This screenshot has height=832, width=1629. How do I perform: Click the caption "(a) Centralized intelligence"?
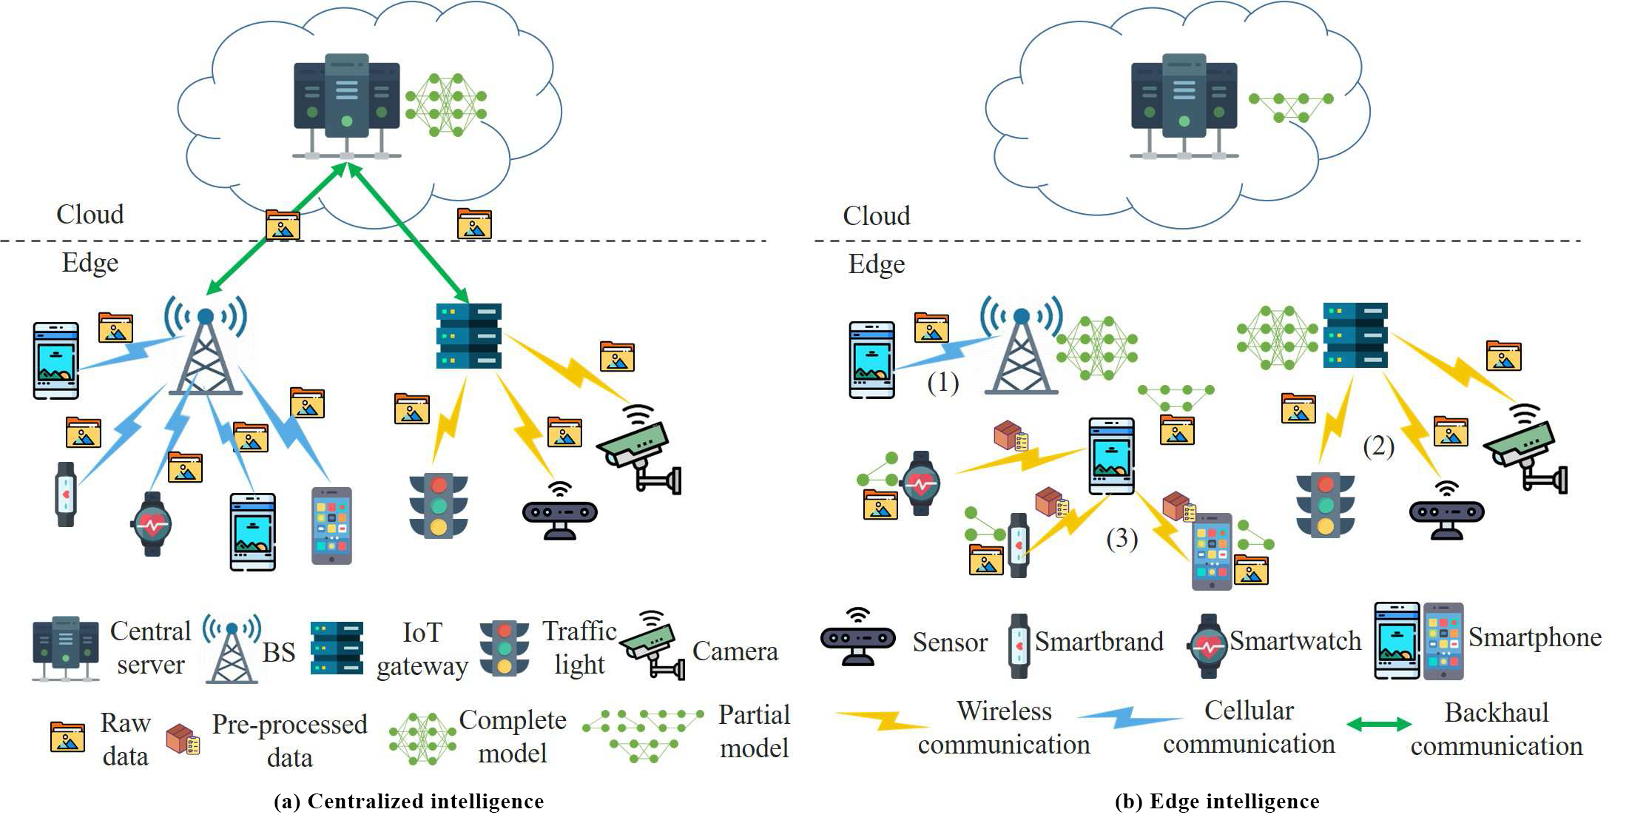tap(408, 802)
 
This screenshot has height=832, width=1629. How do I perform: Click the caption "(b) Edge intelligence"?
tap(1217, 802)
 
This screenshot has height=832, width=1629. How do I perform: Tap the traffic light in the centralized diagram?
tap(439, 506)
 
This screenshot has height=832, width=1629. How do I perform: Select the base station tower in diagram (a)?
tap(206, 348)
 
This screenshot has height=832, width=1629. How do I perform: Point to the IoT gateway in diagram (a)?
tap(469, 336)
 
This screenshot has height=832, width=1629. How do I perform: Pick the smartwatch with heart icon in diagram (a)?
tap(152, 523)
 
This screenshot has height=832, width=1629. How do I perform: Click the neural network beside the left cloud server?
tap(446, 104)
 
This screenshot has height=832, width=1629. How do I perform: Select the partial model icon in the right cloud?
tap(1291, 107)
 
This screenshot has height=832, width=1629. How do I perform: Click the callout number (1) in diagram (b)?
tap(943, 383)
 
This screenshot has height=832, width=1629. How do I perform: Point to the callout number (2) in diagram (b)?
tap(1378, 446)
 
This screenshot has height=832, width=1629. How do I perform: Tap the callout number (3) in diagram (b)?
tap(1122, 538)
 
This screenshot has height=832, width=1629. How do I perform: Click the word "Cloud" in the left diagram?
tap(90, 215)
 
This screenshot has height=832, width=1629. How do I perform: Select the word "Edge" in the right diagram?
tap(877, 264)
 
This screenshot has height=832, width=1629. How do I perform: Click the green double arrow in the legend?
tap(1379, 725)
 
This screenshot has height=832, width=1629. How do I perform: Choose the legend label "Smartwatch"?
tap(1295, 641)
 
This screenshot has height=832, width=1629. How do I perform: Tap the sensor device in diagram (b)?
tap(1446, 511)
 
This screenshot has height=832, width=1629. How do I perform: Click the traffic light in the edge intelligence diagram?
tap(1325, 506)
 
